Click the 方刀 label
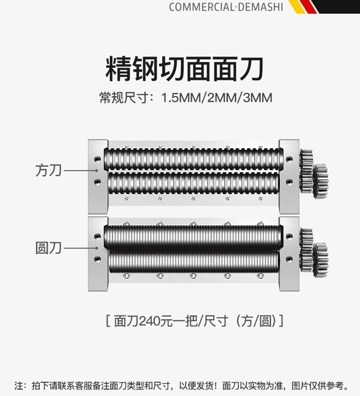coord(48,170)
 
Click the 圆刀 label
coord(48,248)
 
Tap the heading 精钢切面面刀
coord(185,69)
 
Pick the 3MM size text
coord(258,98)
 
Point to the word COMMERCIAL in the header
coord(201,7)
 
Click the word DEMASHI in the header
coord(260,7)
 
